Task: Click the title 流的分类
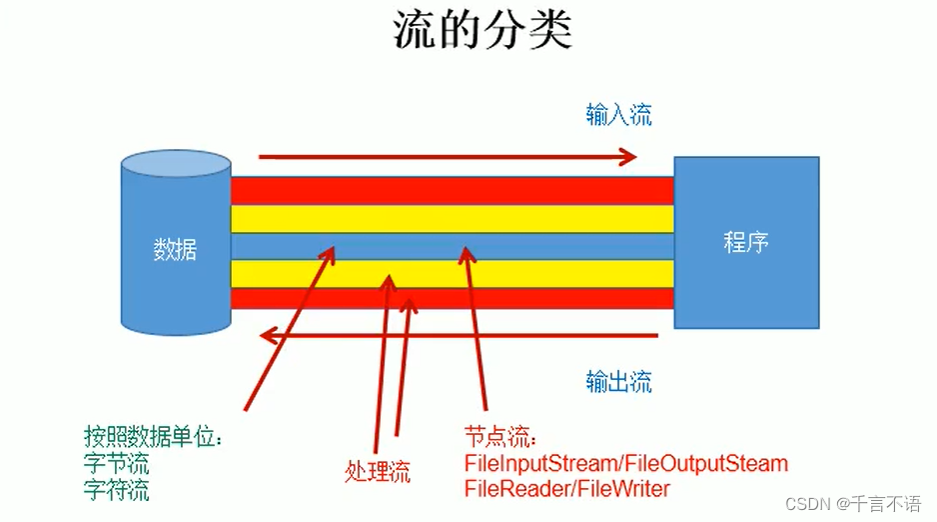tap(481, 32)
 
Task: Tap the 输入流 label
tap(618, 115)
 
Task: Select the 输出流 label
tap(618, 381)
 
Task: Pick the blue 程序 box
tap(746, 242)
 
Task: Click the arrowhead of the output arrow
tap(267, 336)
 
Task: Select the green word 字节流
tap(117, 464)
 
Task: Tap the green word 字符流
tap(117, 490)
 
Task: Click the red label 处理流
tap(378, 472)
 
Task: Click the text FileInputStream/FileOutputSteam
tap(626, 464)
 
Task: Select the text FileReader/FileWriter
tap(566, 489)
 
